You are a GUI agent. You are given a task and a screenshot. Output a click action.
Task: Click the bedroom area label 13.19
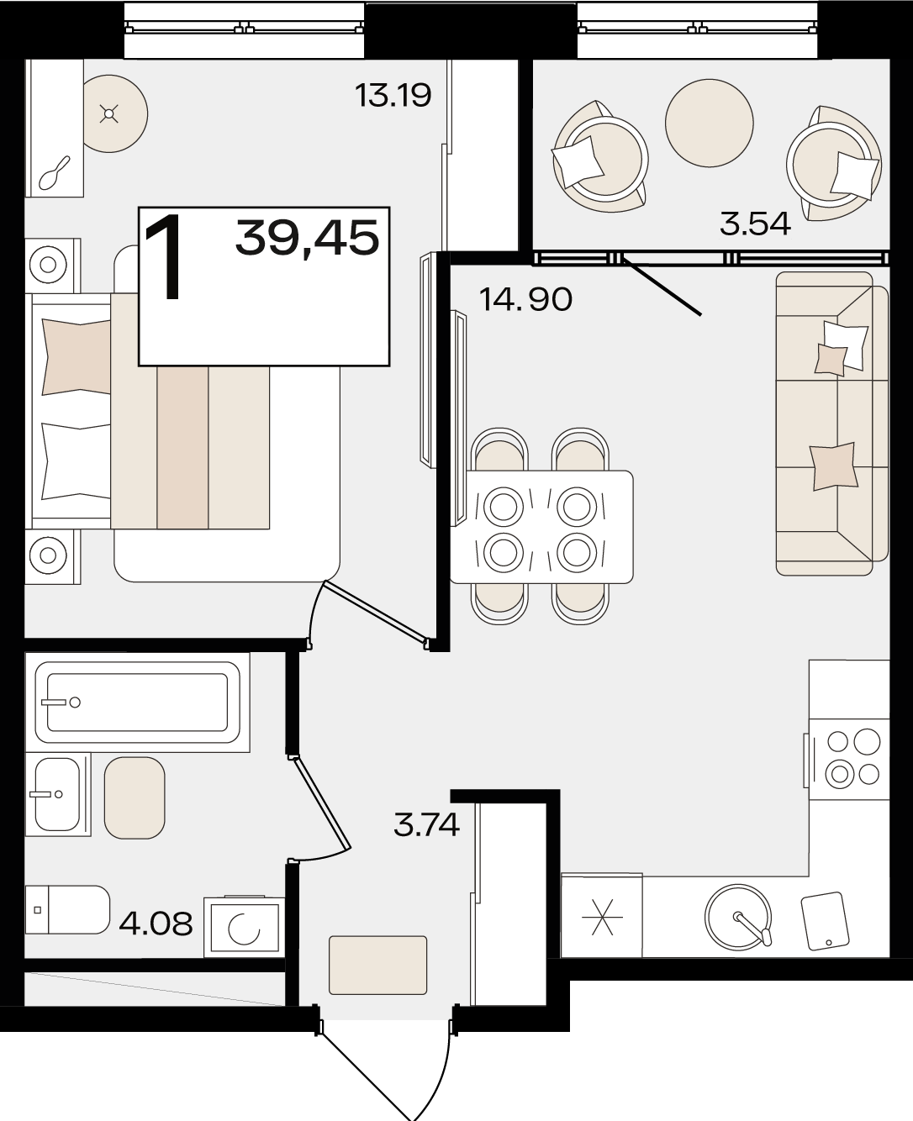393,95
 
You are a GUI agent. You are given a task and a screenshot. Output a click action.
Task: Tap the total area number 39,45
308,238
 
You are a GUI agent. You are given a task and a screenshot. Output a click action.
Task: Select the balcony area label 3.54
755,224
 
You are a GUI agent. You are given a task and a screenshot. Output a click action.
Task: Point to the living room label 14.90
525,299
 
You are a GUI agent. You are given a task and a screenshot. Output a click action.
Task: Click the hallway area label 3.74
426,824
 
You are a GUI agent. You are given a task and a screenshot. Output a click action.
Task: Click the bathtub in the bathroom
137,702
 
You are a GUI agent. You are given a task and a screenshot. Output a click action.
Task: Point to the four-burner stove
849,759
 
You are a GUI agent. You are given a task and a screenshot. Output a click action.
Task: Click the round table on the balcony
710,124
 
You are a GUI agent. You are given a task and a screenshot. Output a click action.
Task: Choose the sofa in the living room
832,424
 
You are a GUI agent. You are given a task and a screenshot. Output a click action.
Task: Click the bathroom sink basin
57,793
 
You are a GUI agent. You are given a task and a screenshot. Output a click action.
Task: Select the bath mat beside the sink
135,797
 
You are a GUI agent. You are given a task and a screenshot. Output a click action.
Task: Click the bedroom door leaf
376,612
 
